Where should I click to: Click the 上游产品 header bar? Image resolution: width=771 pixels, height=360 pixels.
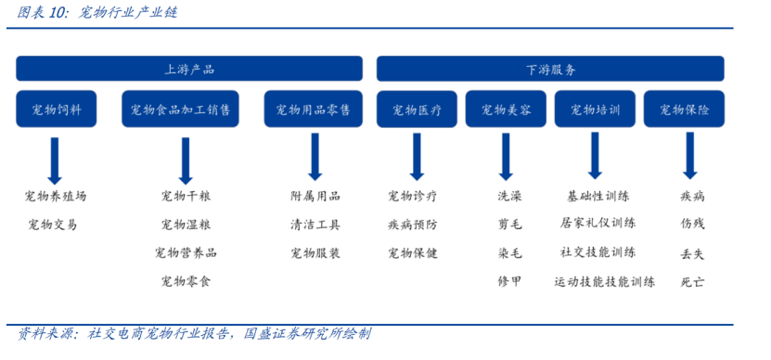pos(189,69)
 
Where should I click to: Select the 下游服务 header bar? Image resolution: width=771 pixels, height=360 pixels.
pos(549,69)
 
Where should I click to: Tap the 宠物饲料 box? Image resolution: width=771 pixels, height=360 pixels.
pos(55,109)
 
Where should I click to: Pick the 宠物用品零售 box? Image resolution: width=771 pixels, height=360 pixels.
pos(314,109)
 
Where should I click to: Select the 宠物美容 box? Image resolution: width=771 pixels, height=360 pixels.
pos(506,109)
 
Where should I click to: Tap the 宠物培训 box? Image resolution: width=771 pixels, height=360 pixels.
pos(595,109)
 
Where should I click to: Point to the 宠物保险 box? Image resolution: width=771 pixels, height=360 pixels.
pos(685,109)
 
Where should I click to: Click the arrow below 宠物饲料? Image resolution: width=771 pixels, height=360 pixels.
pos(55,160)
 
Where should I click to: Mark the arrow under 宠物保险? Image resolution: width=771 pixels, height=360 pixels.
pos(689,155)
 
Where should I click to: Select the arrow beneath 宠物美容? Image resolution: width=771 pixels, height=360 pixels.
pos(506,155)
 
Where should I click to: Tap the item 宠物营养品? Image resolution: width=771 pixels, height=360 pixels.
pos(186,252)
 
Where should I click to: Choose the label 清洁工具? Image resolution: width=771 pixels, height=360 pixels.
pos(315,225)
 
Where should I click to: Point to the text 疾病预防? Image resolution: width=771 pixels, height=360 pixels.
pos(413,225)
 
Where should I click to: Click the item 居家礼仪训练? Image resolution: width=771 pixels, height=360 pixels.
pos(598,225)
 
